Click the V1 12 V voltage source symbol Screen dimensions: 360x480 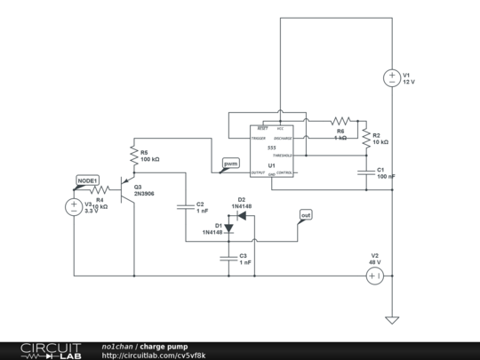click(391, 78)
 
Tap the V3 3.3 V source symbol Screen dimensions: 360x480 click(74, 207)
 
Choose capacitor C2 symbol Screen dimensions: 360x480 click(186, 208)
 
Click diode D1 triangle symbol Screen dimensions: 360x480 click(228, 228)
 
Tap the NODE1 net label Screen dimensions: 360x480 click(87, 180)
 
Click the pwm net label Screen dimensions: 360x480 click(230, 164)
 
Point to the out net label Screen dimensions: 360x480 click(306, 215)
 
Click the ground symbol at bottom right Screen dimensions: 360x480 click(391, 319)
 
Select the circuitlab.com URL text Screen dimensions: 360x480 click(154, 356)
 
